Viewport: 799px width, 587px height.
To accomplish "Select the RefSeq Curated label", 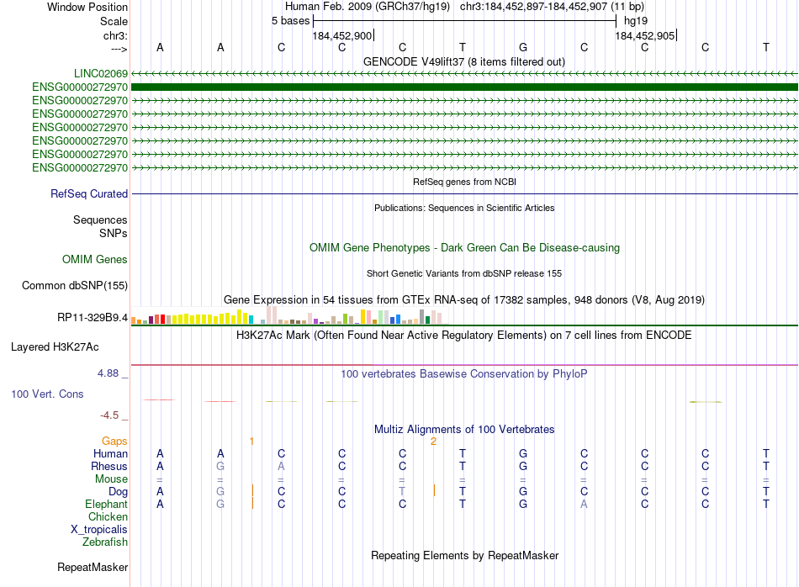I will (x=89, y=194).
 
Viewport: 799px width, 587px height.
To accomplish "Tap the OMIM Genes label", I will (x=94, y=260).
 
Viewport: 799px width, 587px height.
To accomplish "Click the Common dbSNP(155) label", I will (x=74, y=286).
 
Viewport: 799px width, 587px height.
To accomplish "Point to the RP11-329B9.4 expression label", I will (x=93, y=318).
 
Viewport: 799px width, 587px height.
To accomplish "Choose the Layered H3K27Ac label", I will (x=55, y=346).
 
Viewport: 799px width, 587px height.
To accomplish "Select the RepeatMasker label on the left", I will (x=92, y=568).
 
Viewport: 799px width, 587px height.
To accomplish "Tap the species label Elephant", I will (x=106, y=505).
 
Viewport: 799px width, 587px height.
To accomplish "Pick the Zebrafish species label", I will (x=105, y=542).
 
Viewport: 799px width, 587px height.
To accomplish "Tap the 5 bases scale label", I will (x=290, y=21).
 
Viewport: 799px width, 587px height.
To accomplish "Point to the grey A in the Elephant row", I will (x=584, y=505).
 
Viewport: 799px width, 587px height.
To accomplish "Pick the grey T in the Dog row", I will (x=402, y=491).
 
